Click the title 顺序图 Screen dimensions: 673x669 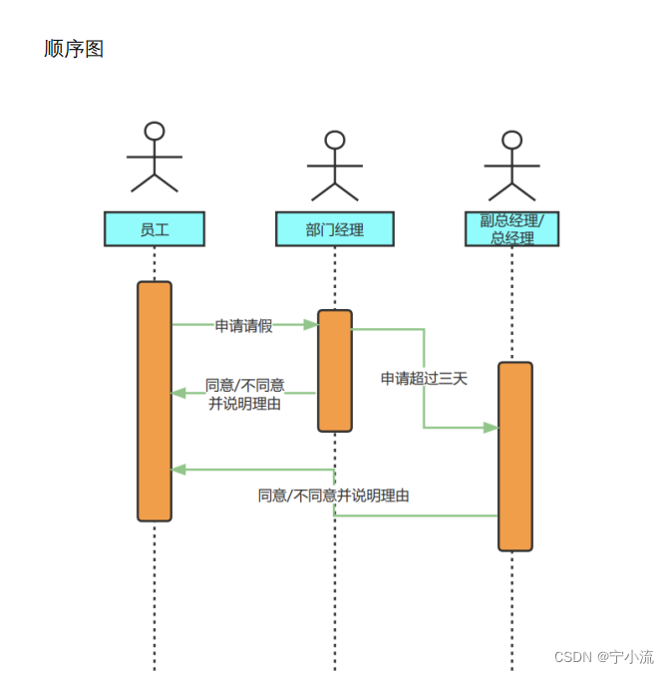point(74,49)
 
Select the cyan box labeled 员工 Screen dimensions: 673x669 point(155,229)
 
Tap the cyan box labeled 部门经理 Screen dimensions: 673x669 point(335,229)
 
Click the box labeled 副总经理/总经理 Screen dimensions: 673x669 point(511,229)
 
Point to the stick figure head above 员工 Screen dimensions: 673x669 point(155,131)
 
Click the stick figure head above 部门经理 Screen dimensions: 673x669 point(335,140)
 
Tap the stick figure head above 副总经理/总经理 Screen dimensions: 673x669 point(511,140)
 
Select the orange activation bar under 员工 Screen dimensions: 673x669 point(155,401)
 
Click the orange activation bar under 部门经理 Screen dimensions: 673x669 point(335,371)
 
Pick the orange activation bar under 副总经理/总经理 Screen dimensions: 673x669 point(515,456)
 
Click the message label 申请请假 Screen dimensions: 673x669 point(243,325)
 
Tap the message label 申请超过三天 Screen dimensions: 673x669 point(424,378)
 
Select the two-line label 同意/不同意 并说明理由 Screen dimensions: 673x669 point(244,395)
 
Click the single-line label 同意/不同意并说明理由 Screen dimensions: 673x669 point(334,496)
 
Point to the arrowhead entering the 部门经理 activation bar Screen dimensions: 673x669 point(311,324)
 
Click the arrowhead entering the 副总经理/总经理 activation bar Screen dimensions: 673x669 point(491,428)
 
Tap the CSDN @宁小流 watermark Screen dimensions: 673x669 point(603,657)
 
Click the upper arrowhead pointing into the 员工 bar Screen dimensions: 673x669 point(178,393)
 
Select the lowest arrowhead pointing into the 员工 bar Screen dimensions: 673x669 point(178,469)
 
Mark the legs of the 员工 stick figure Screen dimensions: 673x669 point(155,182)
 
